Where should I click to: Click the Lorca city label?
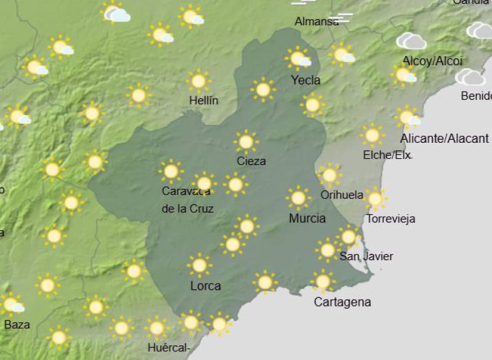205,286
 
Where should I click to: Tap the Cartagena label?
342,302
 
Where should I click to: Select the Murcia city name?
307,218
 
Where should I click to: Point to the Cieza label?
251,161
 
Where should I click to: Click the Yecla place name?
305,80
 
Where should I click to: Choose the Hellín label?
204,100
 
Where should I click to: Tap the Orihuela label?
342,195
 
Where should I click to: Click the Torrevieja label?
391,218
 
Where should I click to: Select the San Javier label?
366,256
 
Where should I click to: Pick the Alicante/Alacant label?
444,138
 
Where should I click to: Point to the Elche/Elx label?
386,155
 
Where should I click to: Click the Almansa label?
316,22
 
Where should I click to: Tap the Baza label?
17,324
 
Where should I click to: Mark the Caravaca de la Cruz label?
187,200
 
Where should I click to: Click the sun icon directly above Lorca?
199,265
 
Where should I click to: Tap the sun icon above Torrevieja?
375,199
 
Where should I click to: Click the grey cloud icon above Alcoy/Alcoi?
411,41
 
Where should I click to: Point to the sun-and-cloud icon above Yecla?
298,58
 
